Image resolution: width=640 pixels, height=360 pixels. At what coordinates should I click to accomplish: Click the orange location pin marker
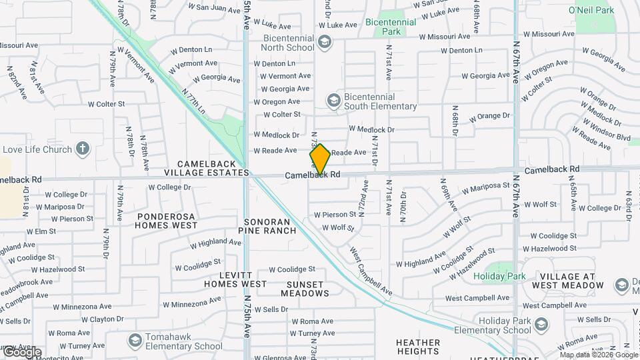coord(320,159)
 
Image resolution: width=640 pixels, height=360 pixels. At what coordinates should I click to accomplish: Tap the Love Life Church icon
coord(82,149)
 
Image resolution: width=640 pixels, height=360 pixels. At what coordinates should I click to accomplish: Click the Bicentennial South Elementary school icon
coord(333,101)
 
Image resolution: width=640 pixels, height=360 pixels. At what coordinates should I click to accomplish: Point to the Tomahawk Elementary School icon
coord(135,341)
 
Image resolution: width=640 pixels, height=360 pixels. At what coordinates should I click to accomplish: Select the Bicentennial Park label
coord(391,27)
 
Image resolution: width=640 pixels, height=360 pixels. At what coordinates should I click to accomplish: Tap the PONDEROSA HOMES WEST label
coord(167,221)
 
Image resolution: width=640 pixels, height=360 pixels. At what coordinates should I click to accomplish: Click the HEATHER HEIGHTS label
coord(418,347)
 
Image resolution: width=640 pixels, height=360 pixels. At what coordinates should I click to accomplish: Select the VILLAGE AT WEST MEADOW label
coord(571,281)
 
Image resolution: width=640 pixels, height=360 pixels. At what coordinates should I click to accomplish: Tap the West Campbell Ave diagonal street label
coord(371,271)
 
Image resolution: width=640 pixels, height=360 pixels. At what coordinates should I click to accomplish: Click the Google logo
coord(22,351)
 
